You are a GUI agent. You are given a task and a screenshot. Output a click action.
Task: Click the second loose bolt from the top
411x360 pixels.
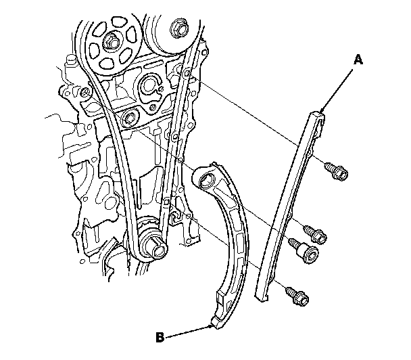[x=317, y=234]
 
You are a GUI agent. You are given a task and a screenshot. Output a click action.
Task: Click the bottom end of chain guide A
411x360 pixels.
[x=260, y=296]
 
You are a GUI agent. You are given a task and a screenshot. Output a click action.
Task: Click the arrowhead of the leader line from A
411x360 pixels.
[x=322, y=112]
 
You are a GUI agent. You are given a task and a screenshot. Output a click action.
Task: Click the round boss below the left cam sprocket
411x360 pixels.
[x=128, y=119]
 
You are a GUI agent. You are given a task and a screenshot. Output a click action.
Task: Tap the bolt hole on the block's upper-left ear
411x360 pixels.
[x=85, y=91]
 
